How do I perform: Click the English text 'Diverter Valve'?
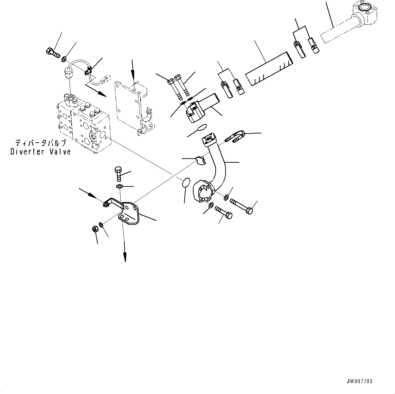pyautogui.click(x=40, y=152)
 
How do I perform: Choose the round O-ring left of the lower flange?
pyautogui.click(x=185, y=182)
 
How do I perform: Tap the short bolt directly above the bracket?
pyautogui.click(x=119, y=174)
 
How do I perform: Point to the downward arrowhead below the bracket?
pyautogui.click(x=125, y=258)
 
